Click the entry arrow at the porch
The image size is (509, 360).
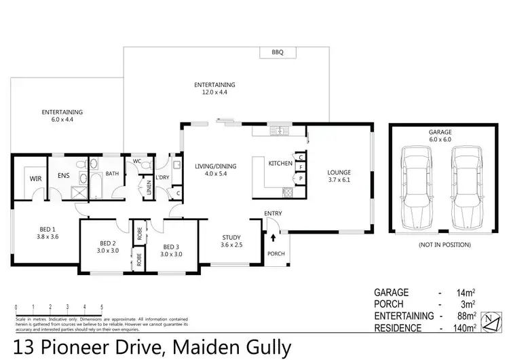(273, 238)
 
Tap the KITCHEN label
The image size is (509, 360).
(280, 164)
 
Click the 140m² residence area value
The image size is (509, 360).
(464, 327)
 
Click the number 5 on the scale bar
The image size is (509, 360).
(102, 308)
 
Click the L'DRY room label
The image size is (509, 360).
(162, 177)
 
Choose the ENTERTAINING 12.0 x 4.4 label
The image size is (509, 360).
(214, 88)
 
